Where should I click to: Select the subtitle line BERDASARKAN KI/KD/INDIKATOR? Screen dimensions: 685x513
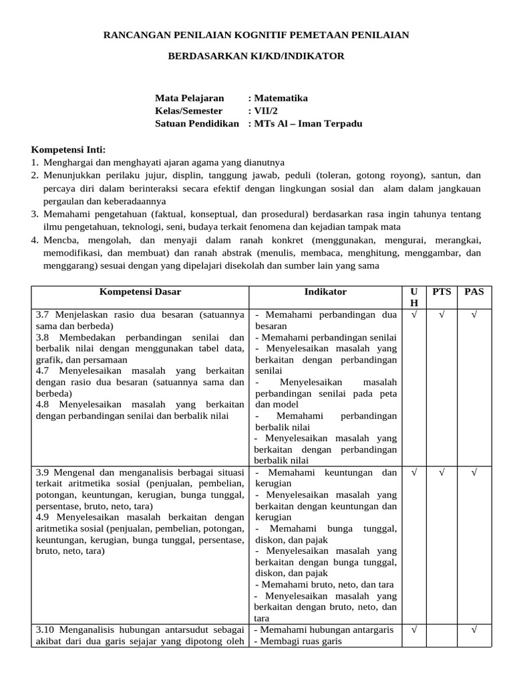256,56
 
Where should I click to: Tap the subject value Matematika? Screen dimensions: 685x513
281,98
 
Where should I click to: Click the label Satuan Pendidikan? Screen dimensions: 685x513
196,124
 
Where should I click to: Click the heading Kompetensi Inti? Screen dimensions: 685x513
68,149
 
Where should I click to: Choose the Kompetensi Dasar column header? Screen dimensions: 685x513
140,292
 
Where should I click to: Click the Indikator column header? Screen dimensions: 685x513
325,292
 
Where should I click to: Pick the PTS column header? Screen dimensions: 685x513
442,292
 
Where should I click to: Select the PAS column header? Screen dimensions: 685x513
474,292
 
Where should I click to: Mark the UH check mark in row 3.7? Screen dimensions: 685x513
413,314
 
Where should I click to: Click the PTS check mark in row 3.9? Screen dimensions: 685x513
442,472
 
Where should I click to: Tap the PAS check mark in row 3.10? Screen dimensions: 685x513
474,629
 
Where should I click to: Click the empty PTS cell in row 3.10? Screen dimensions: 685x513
442,635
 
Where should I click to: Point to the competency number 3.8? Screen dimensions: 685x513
43,337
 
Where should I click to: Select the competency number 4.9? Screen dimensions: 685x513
43,517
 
